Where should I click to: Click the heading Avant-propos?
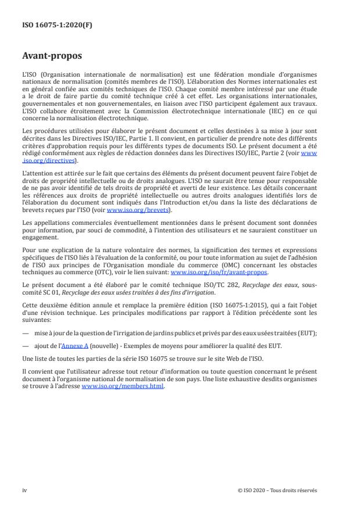tap(51, 57)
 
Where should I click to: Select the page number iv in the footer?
tap(24, 490)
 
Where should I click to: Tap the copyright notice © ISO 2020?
tap(278, 490)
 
